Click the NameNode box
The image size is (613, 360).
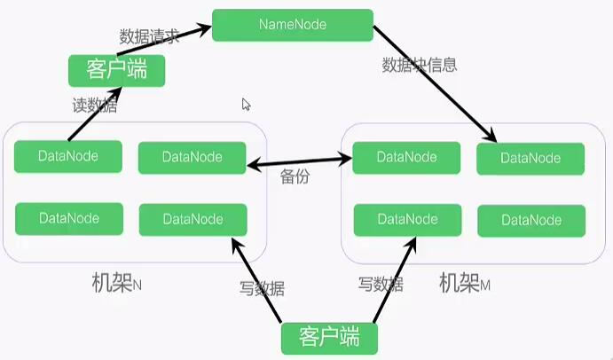click(x=293, y=24)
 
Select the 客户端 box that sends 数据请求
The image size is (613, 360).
click(x=117, y=69)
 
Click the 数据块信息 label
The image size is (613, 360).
click(x=420, y=65)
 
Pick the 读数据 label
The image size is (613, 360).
click(x=93, y=105)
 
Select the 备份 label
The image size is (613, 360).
click(x=295, y=176)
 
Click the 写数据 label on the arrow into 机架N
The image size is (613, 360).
click(x=263, y=286)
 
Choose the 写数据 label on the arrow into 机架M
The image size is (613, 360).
click(x=381, y=285)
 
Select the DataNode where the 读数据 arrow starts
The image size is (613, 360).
click(x=68, y=156)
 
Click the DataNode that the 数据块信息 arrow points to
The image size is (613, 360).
click(x=530, y=158)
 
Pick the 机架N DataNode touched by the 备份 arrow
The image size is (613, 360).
click(x=193, y=157)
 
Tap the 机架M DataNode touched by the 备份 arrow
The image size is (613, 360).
click(x=406, y=157)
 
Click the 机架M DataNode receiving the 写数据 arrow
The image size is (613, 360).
click(x=406, y=219)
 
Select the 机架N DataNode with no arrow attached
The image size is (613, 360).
click(x=68, y=218)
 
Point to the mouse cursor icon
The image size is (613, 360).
click(x=247, y=104)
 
